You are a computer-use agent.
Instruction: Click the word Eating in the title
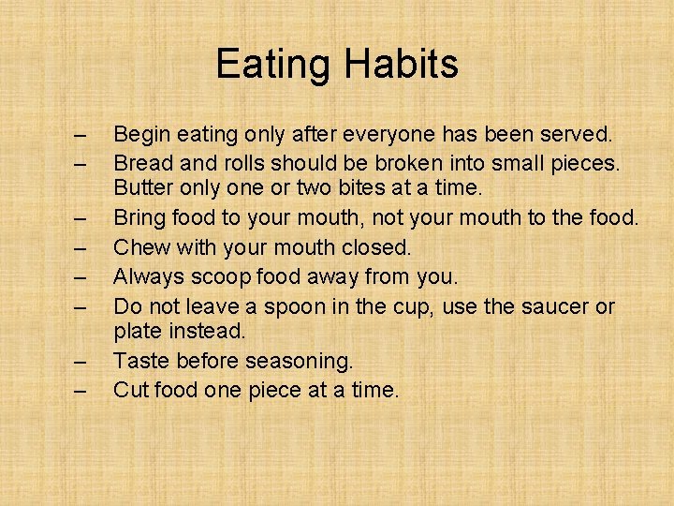coord(273,65)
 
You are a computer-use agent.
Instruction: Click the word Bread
coord(142,163)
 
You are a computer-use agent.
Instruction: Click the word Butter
coord(142,189)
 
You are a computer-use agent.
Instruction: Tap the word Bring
coord(139,217)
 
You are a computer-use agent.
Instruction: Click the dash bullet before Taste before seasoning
coord(81,361)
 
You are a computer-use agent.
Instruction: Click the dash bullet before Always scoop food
coord(81,277)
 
